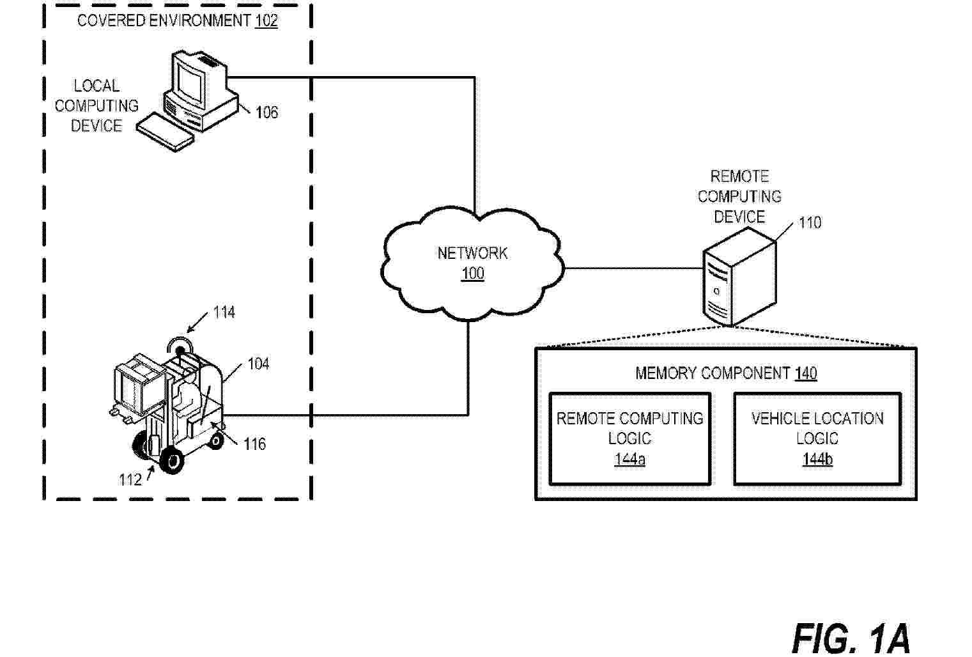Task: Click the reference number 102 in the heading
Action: [266, 20]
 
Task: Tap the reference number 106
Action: [266, 112]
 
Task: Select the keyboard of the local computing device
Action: [166, 131]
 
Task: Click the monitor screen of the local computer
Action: [190, 80]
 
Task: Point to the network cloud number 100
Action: [473, 274]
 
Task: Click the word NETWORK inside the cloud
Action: [472, 253]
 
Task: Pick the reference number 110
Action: [810, 222]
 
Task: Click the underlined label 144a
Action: [629, 459]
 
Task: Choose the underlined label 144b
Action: [817, 459]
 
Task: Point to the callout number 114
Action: [224, 312]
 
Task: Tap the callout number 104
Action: [258, 364]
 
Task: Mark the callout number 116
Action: [254, 444]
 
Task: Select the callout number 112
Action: [130, 479]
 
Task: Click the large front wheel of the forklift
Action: [171, 460]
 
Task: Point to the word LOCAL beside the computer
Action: [96, 86]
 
